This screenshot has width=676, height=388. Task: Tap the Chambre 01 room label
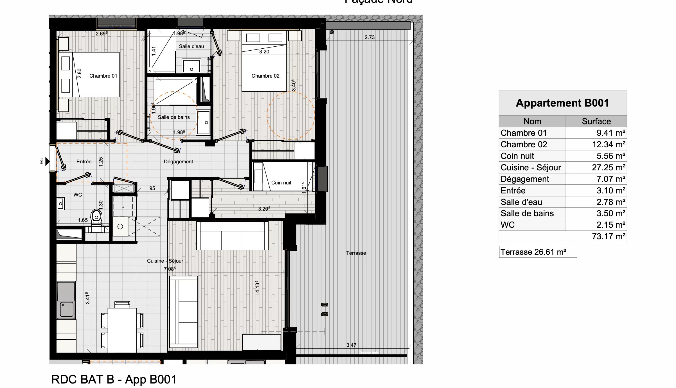103,76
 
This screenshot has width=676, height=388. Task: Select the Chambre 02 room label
265,76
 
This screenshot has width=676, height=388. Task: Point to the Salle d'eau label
191,46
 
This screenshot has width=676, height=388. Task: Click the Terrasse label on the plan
356,253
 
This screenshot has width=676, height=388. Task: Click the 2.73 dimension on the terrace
369,37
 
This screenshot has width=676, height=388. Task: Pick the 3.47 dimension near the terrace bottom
351,345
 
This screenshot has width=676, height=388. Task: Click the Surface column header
596,121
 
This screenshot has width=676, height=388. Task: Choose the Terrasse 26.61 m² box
538,252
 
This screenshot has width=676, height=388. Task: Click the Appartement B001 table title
562,103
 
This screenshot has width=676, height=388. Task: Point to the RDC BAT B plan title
114,380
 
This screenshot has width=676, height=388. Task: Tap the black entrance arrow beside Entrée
47,161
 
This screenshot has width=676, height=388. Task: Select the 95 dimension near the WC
152,188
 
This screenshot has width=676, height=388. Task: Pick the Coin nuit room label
281,183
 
